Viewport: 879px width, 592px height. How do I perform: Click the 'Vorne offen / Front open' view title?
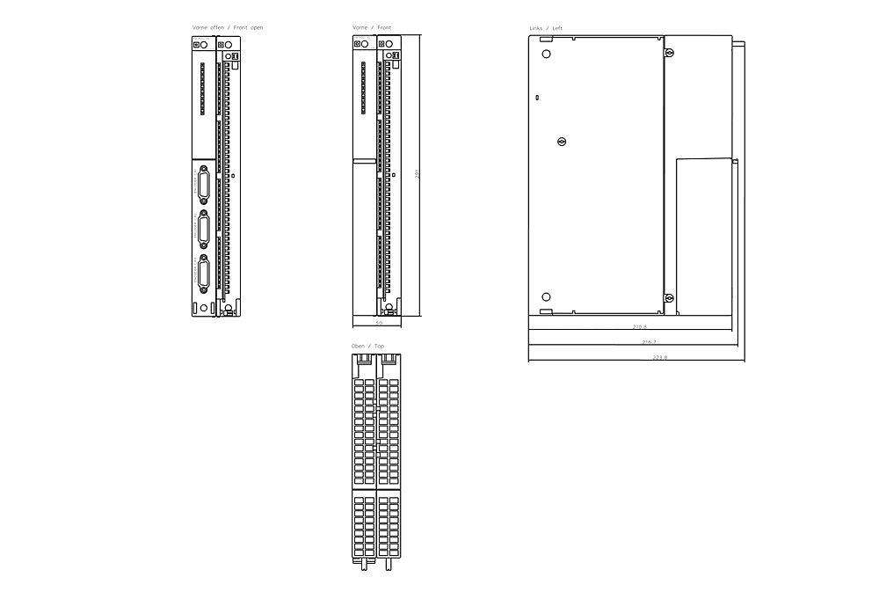point(228,27)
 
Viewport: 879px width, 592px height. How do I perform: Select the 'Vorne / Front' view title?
point(372,27)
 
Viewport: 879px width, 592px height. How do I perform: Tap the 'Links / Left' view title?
point(546,28)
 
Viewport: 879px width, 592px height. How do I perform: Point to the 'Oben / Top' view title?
point(367,347)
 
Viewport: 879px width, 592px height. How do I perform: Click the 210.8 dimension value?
point(639,326)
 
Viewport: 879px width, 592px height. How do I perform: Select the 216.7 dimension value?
point(649,341)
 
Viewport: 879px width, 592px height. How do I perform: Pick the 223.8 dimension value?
point(660,357)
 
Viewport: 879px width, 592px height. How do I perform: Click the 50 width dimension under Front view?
point(379,324)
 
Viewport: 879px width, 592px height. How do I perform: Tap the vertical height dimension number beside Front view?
point(418,174)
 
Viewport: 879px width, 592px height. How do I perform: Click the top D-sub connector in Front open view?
point(204,186)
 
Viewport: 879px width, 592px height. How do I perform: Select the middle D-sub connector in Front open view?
point(204,231)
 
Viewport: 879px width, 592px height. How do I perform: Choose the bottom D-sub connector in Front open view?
point(204,276)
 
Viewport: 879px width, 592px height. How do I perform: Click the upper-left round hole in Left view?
point(546,55)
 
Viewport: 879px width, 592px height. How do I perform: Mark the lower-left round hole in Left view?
point(546,297)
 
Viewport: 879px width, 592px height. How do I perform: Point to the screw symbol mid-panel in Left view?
point(562,142)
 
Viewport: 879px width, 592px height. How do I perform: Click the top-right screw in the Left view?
point(669,55)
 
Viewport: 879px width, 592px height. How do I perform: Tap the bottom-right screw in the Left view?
point(669,297)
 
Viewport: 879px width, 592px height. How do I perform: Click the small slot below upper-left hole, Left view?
point(537,97)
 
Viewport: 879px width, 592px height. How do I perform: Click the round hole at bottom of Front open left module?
point(203,308)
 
